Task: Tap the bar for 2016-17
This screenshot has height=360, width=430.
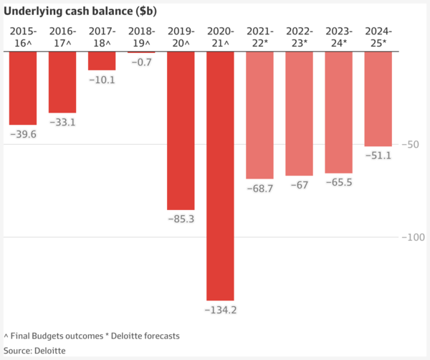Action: (x=62, y=82)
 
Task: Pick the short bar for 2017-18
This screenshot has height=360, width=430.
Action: (x=102, y=62)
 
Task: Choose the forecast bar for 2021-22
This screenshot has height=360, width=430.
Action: (x=259, y=115)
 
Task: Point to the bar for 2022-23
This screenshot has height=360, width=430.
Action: (x=299, y=114)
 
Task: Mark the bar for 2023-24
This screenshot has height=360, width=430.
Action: (x=338, y=113)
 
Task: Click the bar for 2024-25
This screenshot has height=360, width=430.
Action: (x=378, y=99)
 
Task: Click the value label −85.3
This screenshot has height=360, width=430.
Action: (x=181, y=219)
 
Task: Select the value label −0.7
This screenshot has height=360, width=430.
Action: (x=141, y=62)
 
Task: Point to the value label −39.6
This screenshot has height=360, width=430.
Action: (x=23, y=134)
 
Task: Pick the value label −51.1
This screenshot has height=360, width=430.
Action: (x=378, y=156)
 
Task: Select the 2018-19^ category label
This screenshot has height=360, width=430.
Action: (x=141, y=37)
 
